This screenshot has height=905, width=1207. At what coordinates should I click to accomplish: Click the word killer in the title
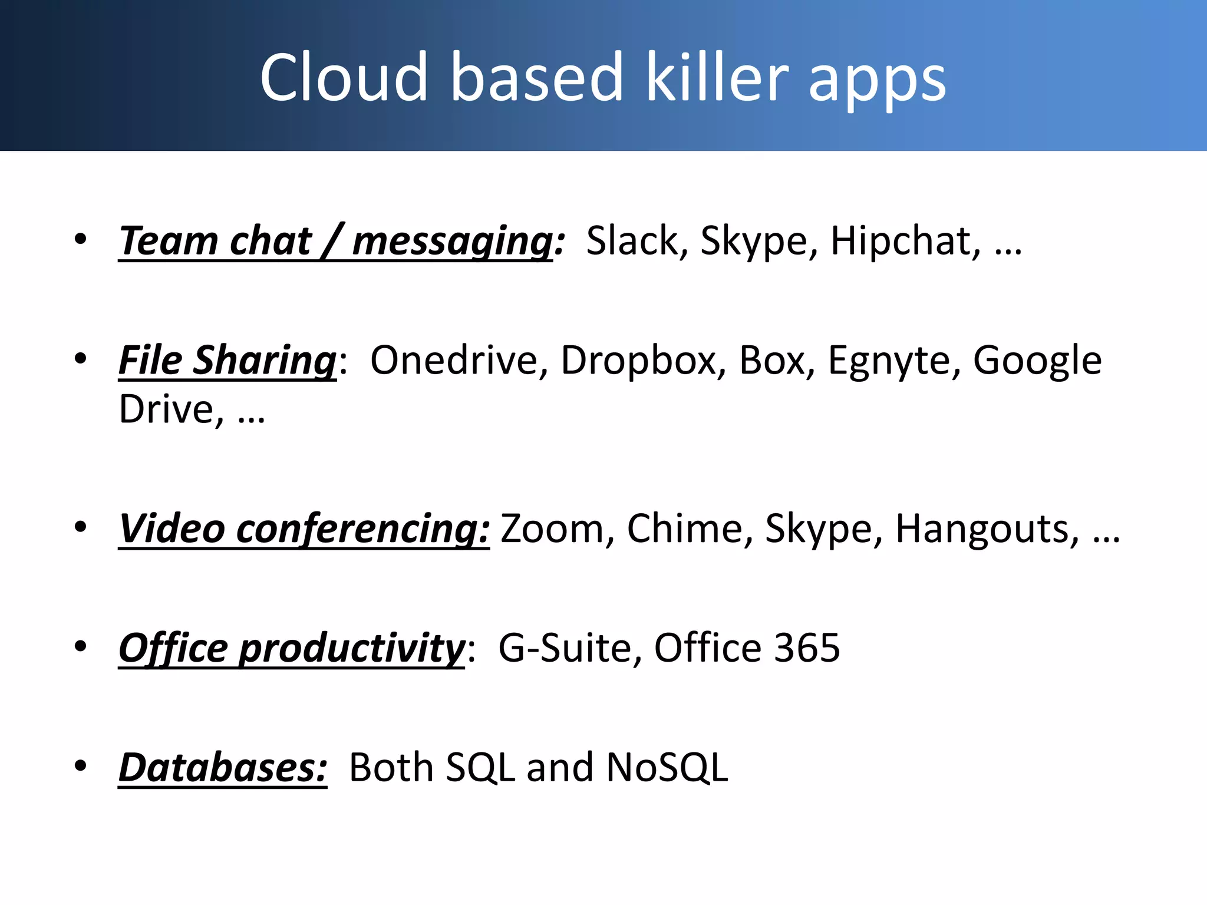717,77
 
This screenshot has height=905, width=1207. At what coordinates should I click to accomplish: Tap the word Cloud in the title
344,77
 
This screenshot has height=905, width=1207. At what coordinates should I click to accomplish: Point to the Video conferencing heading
304,529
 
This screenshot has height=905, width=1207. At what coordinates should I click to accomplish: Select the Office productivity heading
292,648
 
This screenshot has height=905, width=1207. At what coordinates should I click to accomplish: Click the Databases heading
223,767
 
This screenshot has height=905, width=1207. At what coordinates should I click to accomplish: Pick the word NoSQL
667,767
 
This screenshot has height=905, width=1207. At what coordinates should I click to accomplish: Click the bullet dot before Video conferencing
81,527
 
